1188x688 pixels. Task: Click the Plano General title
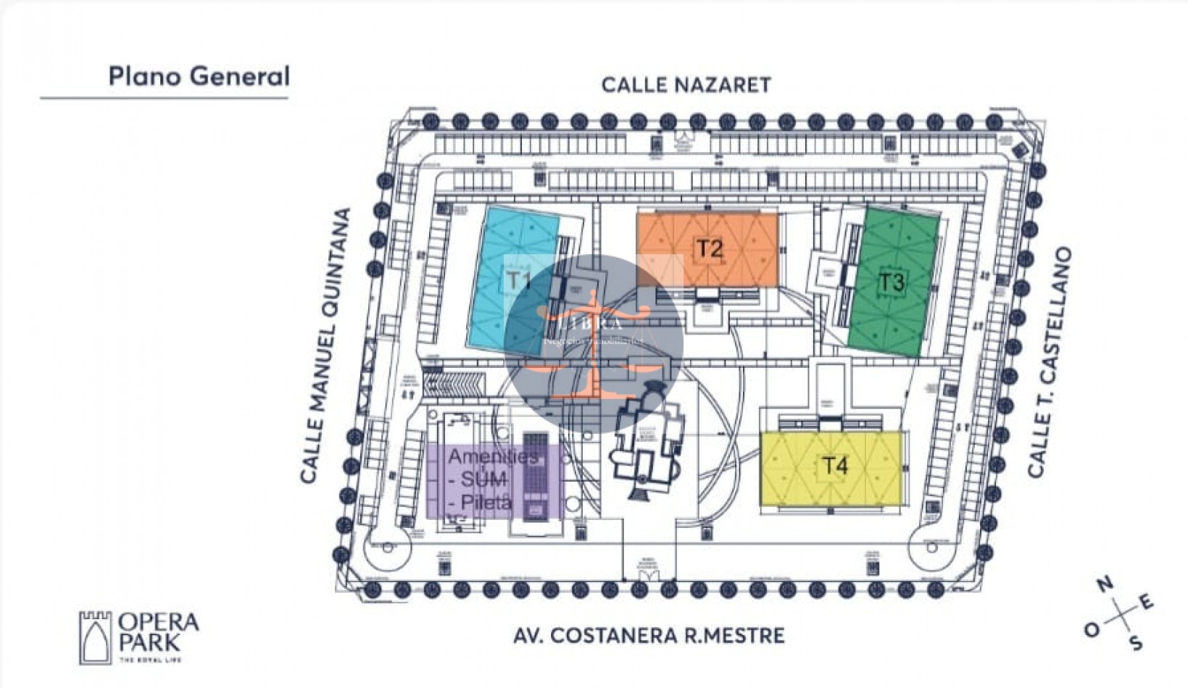coord(199,76)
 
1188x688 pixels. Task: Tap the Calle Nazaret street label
coord(686,85)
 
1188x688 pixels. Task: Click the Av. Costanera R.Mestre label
coord(649,636)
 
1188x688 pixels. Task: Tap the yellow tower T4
coord(832,467)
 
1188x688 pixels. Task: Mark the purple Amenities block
coord(493,480)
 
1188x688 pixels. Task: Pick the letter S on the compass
coord(1137,642)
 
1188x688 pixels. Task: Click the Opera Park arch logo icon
coord(96,637)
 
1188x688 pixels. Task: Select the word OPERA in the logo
coord(158,622)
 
